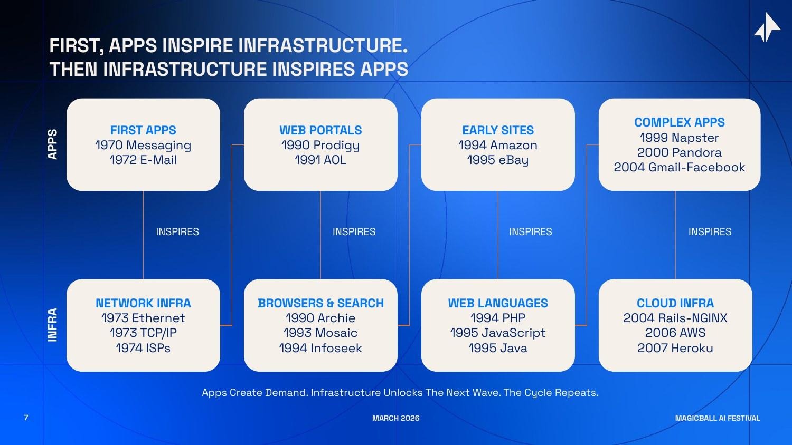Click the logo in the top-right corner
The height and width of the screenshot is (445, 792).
click(767, 27)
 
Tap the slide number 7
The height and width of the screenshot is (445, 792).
click(26, 418)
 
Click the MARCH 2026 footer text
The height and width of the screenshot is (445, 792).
click(395, 418)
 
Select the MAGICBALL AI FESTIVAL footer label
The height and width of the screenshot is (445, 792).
click(717, 418)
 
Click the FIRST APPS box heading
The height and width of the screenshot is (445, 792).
click(143, 130)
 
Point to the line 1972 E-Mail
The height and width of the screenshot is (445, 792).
click(143, 160)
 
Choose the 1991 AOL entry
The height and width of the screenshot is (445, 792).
click(320, 160)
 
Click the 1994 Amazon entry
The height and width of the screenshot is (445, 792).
click(497, 145)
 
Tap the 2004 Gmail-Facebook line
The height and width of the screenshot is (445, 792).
click(679, 167)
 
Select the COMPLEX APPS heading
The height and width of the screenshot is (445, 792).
click(679, 122)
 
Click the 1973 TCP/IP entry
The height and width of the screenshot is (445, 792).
click(143, 333)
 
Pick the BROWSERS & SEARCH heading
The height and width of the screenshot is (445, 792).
click(320, 303)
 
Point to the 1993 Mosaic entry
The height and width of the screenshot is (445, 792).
click(320, 333)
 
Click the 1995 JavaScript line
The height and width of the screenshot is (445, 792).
click(497, 333)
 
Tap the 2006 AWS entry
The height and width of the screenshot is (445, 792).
click(675, 333)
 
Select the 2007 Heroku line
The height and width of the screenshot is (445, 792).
click(675, 348)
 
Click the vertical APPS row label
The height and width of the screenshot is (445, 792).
click(52, 144)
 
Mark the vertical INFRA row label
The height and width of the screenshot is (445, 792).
click(52, 325)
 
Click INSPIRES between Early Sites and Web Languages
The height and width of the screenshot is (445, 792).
click(530, 231)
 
